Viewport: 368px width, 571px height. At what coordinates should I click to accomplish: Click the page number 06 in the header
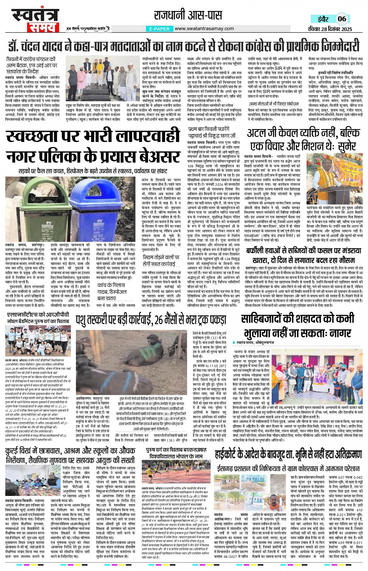coord(342,19)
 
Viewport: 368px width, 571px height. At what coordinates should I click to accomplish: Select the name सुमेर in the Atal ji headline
coord(342,146)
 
